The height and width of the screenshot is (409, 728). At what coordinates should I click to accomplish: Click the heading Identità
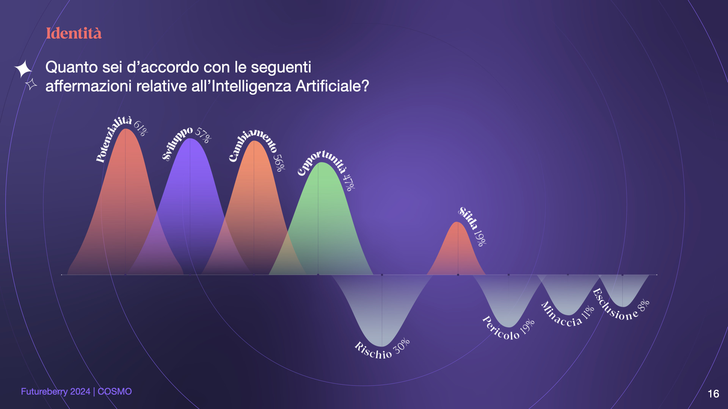(x=74, y=33)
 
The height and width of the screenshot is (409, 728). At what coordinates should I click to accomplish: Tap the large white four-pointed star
(x=24, y=69)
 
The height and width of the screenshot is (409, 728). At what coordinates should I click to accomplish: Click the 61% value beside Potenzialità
(x=140, y=128)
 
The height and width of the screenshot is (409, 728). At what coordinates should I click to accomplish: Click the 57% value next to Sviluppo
(x=203, y=136)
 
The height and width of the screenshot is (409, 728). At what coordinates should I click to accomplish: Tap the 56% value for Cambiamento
(x=279, y=163)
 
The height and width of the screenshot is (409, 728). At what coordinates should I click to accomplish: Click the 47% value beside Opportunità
(x=349, y=182)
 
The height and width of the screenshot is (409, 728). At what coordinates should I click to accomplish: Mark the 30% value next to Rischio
(x=402, y=346)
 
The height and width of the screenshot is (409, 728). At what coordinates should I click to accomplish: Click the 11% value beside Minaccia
(x=588, y=313)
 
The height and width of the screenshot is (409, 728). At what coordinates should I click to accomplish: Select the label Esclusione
(x=615, y=305)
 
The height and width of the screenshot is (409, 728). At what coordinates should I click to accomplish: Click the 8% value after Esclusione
(x=644, y=305)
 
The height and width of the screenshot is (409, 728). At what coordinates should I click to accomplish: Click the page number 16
(x=713, y=394)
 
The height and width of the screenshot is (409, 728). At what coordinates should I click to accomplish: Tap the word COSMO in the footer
(x=115, y=392)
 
